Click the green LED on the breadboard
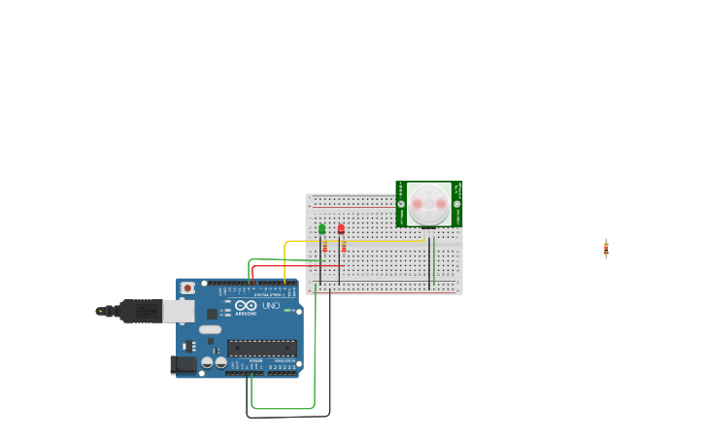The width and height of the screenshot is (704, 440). pyautogui.click(x=322, y=229)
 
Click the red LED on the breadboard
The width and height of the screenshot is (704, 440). pyautogui.click(x=341, y=229)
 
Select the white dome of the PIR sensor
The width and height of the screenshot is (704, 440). pyautogui.click(x=429, y=203)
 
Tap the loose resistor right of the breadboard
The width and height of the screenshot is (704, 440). pyautogui.click(x=606, y=249)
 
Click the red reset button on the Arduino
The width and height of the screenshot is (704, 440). pyautogui.click(x=187, y=288)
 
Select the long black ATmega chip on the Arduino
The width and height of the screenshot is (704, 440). pyautogui.click(x=261, y=348)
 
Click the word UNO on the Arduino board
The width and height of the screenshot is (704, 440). pyautogui.click(x=271, y=306)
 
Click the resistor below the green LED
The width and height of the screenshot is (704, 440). pyautogui.click(x=324, y=248)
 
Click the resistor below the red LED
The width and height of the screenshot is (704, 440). pyautogui.click(x=344, y=247)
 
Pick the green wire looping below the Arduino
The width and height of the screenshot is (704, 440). pyautogui.click(x=282, y=408)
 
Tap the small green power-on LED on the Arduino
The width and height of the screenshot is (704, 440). pyautogui.click(x=287, y=310)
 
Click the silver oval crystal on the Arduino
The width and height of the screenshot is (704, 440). pyautogui.click(x=211, y=329)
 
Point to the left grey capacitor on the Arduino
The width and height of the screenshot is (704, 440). pyautogui.click(x=207, y=362)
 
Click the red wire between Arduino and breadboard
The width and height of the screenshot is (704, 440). pyautogui.click(x=291, y=266)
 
